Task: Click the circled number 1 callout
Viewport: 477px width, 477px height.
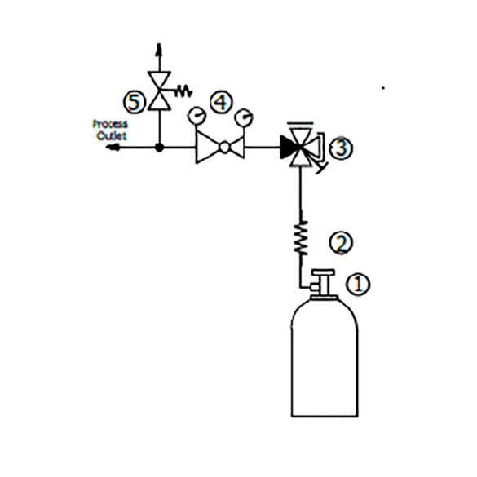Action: click(357, 285)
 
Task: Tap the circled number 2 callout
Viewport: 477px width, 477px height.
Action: click(341, 242)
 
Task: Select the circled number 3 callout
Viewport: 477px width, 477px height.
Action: click(342, 148)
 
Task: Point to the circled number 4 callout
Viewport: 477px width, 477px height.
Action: click(221, 102)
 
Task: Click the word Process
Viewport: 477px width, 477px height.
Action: click(110, 124)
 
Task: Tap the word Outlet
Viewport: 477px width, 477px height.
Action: click(112, 135)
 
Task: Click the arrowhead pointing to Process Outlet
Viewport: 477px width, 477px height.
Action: click(112, 148)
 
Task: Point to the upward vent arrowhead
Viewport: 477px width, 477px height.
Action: click(159, 51)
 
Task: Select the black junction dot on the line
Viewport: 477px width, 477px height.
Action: click(159, 148)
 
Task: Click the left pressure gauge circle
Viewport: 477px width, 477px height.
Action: click(197, 116)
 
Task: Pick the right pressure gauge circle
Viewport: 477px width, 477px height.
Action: click(244, 117)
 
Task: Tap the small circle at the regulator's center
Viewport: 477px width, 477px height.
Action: click(224, 148)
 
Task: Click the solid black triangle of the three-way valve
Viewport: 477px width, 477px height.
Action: click(289, 148)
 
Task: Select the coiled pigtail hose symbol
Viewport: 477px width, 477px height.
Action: click(301, 238)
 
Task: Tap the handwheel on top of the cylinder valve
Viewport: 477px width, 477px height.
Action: click(324, 272)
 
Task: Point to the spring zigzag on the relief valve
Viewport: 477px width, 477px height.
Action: click(183, 91)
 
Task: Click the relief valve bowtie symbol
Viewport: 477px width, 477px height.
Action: click(159, 91)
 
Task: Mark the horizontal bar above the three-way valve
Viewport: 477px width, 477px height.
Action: click(299, 123)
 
